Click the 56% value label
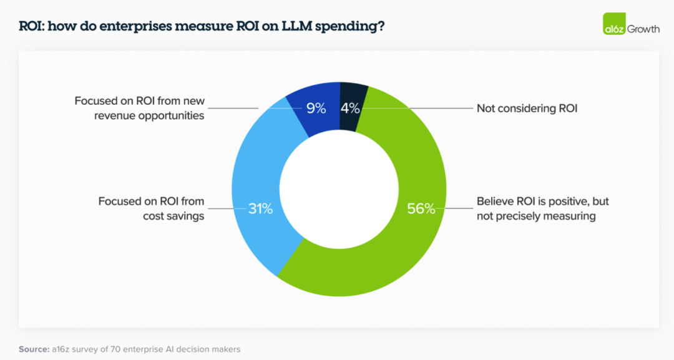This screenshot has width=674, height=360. [x=421, y=209]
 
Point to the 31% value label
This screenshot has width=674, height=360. [x=260, y=209]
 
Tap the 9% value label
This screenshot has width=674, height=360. [x=316, y=109]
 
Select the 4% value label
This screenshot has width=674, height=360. [x=350, y=109]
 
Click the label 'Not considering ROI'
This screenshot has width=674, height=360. [x=527, y=109]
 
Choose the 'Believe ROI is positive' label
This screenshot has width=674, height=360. [x=542, y=209]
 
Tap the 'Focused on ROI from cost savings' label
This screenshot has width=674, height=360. [x=151, y=209]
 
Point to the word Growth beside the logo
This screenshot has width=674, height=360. [x=643, y=29]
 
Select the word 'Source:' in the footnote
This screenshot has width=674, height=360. [x=34, y=349]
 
